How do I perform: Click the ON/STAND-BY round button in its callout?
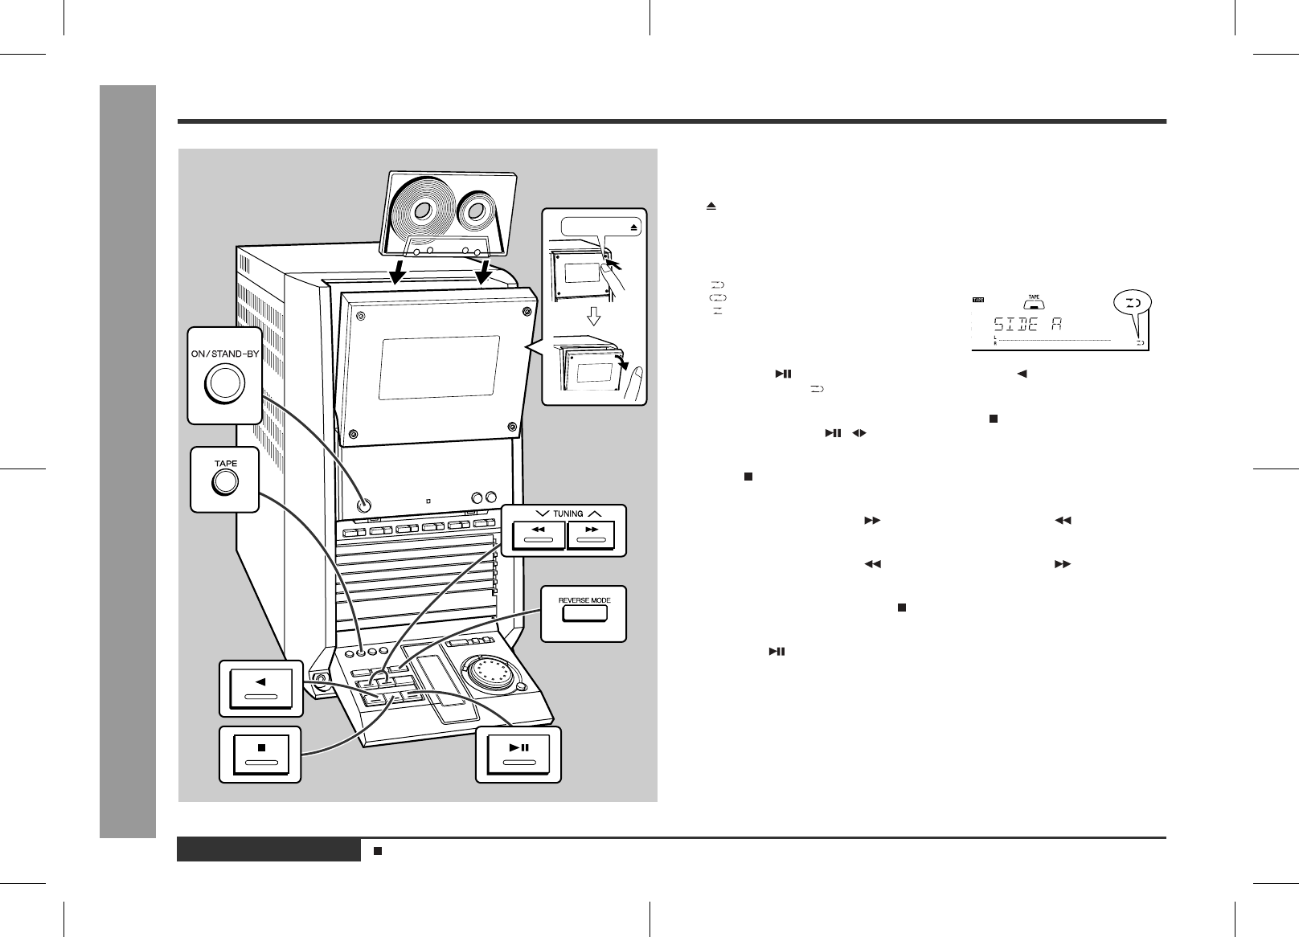[225, 382]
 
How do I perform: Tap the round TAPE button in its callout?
[224, 482]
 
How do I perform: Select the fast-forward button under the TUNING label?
[591, 534]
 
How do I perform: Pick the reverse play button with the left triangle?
[260, 687]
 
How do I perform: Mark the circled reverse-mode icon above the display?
[1133, 303]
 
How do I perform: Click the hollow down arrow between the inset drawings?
[594, 317]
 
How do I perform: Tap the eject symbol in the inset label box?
[633, 227]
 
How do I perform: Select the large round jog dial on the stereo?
[488, 673]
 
